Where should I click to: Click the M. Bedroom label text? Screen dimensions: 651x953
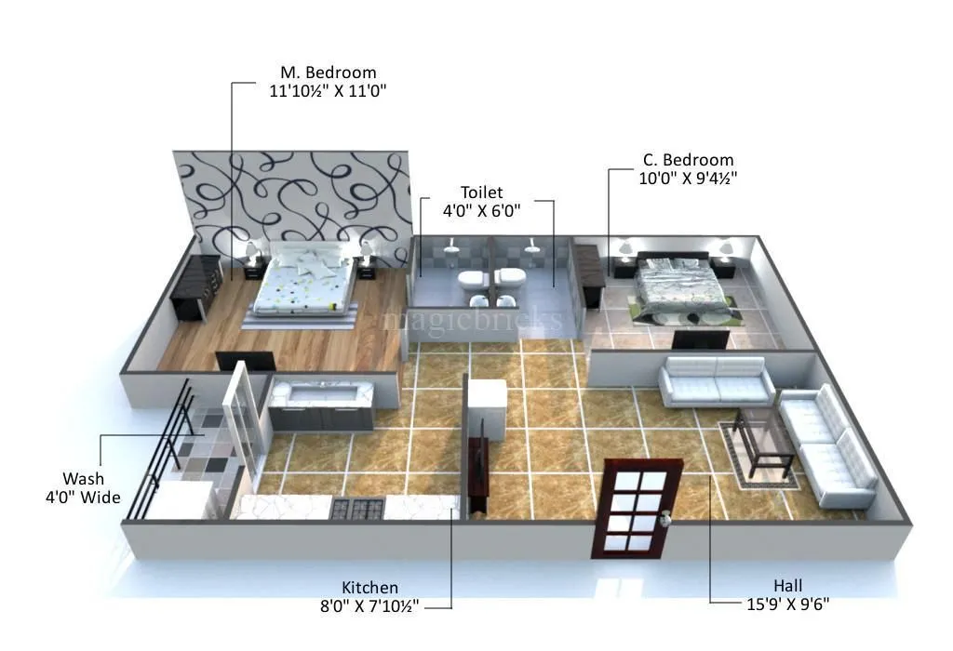tap(329, 73)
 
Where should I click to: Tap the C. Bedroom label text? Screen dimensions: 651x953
tap(688, 160)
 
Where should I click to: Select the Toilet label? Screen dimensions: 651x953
tap(481, 193)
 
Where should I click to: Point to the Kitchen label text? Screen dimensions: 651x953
tap(369, 588)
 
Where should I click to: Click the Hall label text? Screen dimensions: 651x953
tap(787, 585)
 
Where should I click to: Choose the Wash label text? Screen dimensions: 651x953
tap(83, 479)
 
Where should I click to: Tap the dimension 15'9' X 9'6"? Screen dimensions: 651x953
tap(787, 604)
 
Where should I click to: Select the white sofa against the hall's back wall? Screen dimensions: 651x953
tap(716, 380)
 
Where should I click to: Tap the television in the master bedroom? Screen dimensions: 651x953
tap(245, 362)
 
